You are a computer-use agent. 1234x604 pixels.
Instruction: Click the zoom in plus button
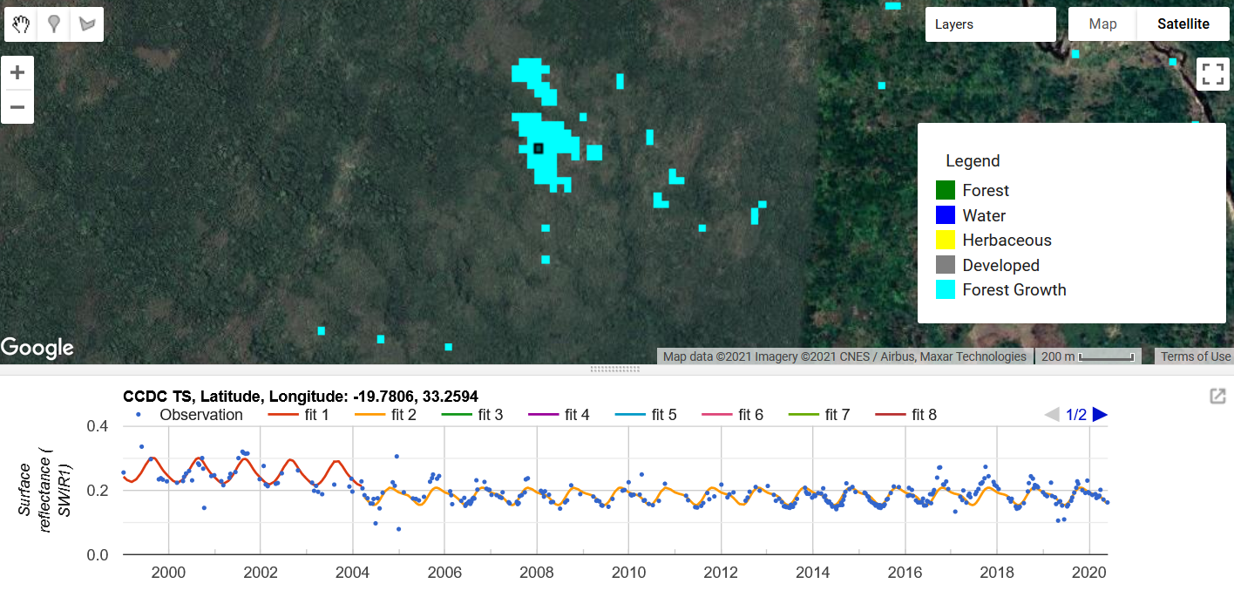[17, 72]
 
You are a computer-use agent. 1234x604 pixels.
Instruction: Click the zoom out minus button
[17, 108]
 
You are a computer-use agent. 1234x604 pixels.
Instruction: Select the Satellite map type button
[1183, 24]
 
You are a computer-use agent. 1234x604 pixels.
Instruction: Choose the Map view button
[1102, 24]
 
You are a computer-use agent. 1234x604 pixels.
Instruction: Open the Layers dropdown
[990, 24]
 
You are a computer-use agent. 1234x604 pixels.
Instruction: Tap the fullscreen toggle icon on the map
[1212, 73]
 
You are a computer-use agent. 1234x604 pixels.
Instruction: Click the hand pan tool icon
[22, 24]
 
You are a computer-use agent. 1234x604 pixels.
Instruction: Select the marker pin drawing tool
[54, 24]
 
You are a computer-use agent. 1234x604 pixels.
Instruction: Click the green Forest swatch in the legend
[946, 190]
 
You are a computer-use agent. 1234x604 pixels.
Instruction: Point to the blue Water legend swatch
[946, 215]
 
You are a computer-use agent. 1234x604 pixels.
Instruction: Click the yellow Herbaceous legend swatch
[946, 240]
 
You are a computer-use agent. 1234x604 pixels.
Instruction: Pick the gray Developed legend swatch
[946, 265]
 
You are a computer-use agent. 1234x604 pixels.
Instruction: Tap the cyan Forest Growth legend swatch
[946, 289]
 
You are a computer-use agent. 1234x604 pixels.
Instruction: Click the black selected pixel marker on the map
[539, 149]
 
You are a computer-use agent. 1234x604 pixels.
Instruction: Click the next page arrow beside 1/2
[1100, 415]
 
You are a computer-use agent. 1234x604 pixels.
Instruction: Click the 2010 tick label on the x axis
[628, 573]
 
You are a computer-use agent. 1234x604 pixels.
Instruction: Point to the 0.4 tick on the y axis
[99, 426]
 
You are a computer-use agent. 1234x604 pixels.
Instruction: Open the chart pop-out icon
[1217, 397]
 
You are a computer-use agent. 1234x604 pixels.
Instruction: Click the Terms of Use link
[1196, 356]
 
